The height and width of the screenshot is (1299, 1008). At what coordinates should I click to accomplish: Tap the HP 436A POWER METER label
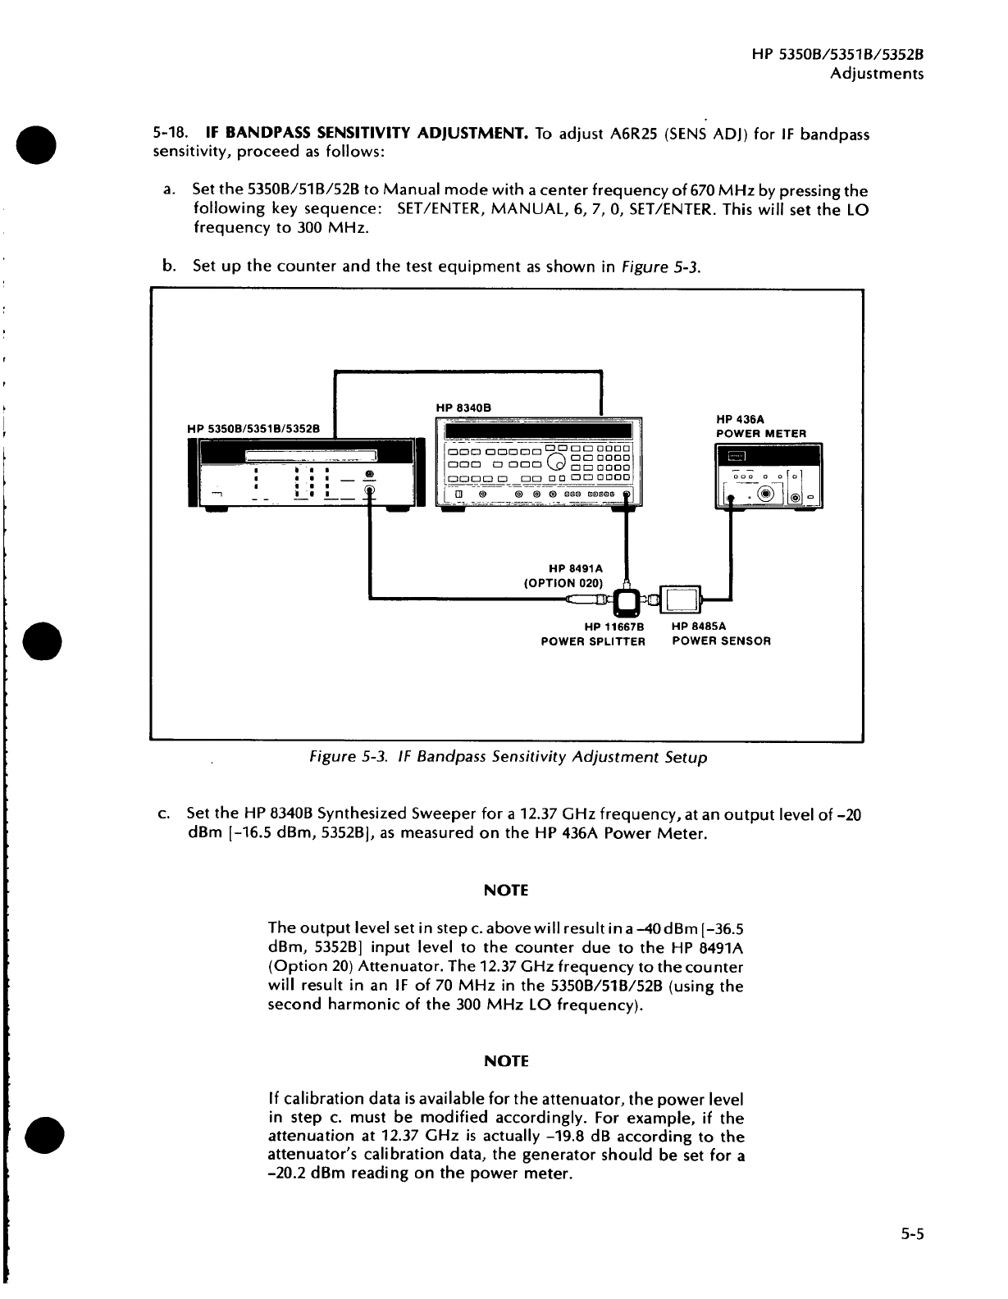pyautogui.click(x=760, y=426)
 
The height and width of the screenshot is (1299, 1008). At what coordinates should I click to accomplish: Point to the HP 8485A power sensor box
pyautogui.click(x=681, y=599)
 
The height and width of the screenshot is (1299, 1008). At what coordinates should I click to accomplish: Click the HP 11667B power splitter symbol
pyautogui.click(x=628, y=602)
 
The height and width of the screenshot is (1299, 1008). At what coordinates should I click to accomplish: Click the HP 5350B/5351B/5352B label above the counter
pyautogui.click(x=253, y=427)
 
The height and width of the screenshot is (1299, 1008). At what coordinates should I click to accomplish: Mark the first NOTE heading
pyautogui.click(x=506, y=891)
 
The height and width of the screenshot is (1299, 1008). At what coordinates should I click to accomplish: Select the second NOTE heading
pyautogui.click(x=506, y=1061)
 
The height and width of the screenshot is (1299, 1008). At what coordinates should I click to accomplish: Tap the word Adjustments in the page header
pyautogui.click(x=877, y=74)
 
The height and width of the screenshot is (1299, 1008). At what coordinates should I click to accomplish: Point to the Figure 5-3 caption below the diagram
pyautogui.click(x=506, y=758)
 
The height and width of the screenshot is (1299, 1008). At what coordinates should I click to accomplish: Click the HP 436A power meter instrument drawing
pyautogui.click(x=769, y=475)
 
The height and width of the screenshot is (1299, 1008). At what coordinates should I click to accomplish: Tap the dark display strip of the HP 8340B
pyautogui.click(x=537, y=431)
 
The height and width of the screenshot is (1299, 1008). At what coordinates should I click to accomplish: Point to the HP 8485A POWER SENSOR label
pyautogui.click(x=721, y=634)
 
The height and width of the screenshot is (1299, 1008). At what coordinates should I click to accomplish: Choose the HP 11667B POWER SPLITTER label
pyautogui.click(x=593, y=634)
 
